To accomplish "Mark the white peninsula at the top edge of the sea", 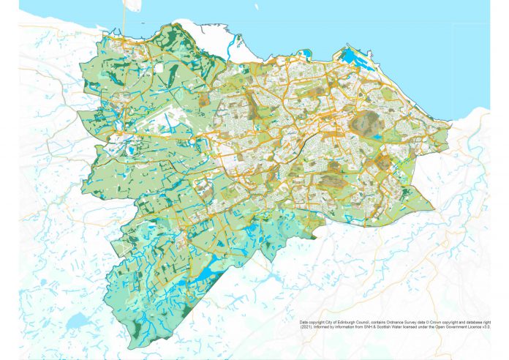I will pos(132,6).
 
